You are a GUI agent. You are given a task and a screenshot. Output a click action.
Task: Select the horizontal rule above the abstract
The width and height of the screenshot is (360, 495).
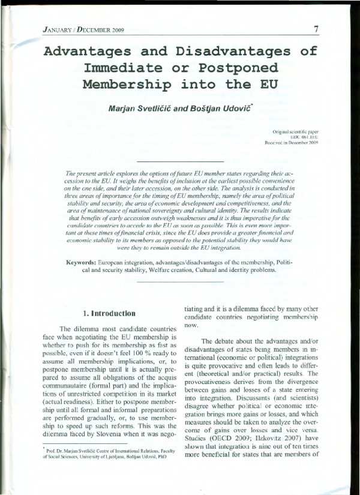180,163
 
